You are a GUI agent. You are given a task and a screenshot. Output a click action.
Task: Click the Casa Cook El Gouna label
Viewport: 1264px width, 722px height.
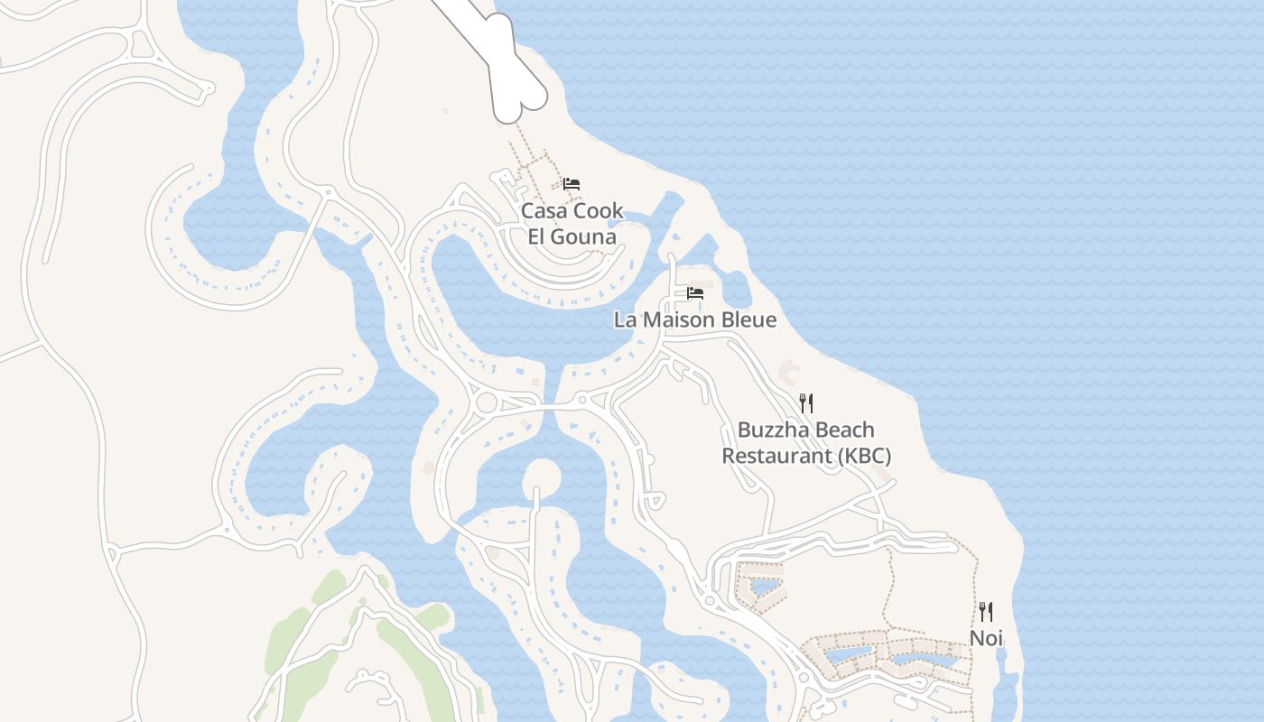click(x=572, y=224)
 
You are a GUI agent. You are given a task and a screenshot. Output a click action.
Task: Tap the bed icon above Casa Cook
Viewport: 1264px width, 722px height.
click(x=572, y=184)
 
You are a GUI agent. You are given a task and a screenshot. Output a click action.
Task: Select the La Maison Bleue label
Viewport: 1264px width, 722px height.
click(x=694, y=319)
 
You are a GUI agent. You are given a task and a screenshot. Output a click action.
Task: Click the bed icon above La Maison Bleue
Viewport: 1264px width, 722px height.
click(x=695, y=293)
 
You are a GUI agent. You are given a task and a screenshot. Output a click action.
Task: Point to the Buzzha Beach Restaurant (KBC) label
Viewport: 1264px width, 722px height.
click(x=806, y=442)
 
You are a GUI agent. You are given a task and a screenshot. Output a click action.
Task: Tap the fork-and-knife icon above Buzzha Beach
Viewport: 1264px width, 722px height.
click(x=806, y=403)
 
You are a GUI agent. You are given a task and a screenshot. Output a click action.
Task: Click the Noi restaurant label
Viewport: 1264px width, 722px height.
click(x=986, y=638)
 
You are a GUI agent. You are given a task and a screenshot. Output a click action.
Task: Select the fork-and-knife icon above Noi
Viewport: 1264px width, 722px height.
click(x=986, y=612)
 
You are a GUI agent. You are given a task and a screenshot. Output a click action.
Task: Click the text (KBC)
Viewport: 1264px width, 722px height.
click(x=864, y=456)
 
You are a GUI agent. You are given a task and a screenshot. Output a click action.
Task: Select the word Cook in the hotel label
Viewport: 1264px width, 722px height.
click(x=599, y=211)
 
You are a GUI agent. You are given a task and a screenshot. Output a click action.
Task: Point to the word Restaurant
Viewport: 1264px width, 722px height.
click(x=777, y=456)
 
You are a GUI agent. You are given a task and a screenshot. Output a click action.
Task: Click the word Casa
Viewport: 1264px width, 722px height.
click(x=545, y=211)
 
